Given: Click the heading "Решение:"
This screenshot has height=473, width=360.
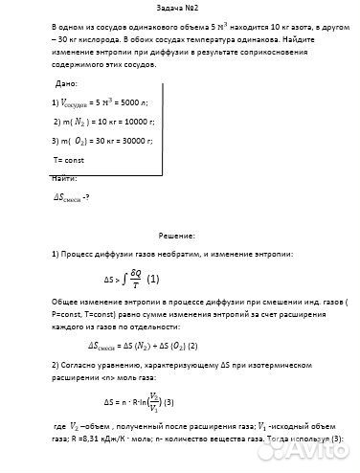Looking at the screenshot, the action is (178, 234).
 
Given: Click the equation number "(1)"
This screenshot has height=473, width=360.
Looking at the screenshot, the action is (153, 280).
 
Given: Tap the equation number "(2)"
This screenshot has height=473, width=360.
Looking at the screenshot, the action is (192, 345).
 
